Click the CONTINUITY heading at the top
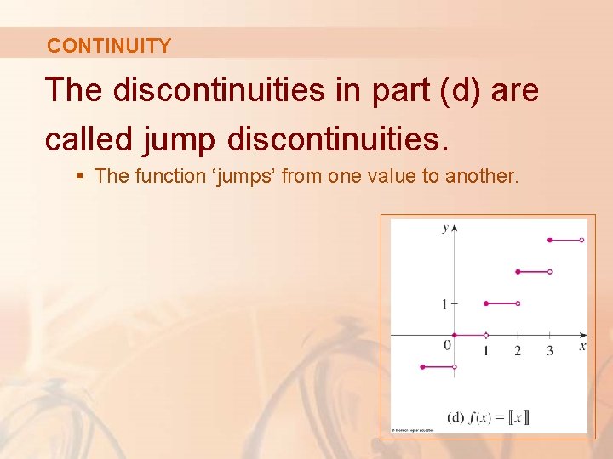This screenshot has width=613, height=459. click(109, 46)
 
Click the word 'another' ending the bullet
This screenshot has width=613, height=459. click(481, 176)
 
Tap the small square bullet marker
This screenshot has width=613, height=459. click(80, 176)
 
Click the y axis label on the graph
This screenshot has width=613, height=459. click(444, 228)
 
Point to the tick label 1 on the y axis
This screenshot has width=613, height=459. click(444, 303)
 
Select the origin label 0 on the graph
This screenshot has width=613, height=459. click(447, 345)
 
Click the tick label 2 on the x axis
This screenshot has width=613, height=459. click(518, 350)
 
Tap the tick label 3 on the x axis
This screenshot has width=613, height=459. click(549, 350)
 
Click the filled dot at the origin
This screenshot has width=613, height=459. click(455, 335)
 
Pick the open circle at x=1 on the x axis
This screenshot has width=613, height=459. click(486, 335)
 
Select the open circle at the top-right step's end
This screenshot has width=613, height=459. click(581, 241)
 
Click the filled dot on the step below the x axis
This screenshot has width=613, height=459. click(423, 367)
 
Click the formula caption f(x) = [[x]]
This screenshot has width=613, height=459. click(489, 416)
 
